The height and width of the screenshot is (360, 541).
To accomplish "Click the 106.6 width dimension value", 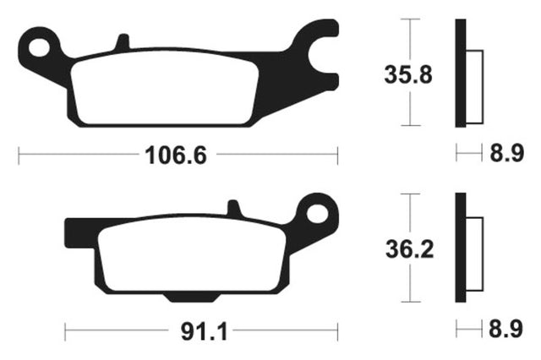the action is coord(176,155).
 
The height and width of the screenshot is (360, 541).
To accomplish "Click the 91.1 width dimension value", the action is coord(205,332).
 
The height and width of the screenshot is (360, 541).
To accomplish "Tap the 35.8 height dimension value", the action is coord(408,75).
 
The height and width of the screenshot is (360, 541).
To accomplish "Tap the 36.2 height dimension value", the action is coord(409,249).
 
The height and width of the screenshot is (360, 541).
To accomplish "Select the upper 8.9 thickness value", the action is coord(507,153).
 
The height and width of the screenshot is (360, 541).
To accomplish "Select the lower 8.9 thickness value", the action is coord(505,329).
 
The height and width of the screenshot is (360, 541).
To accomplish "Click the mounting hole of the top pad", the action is coord(39,47).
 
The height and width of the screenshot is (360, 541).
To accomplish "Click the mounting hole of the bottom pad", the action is coord(317,214).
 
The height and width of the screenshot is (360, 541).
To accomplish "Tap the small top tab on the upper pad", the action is coord(122,41).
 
